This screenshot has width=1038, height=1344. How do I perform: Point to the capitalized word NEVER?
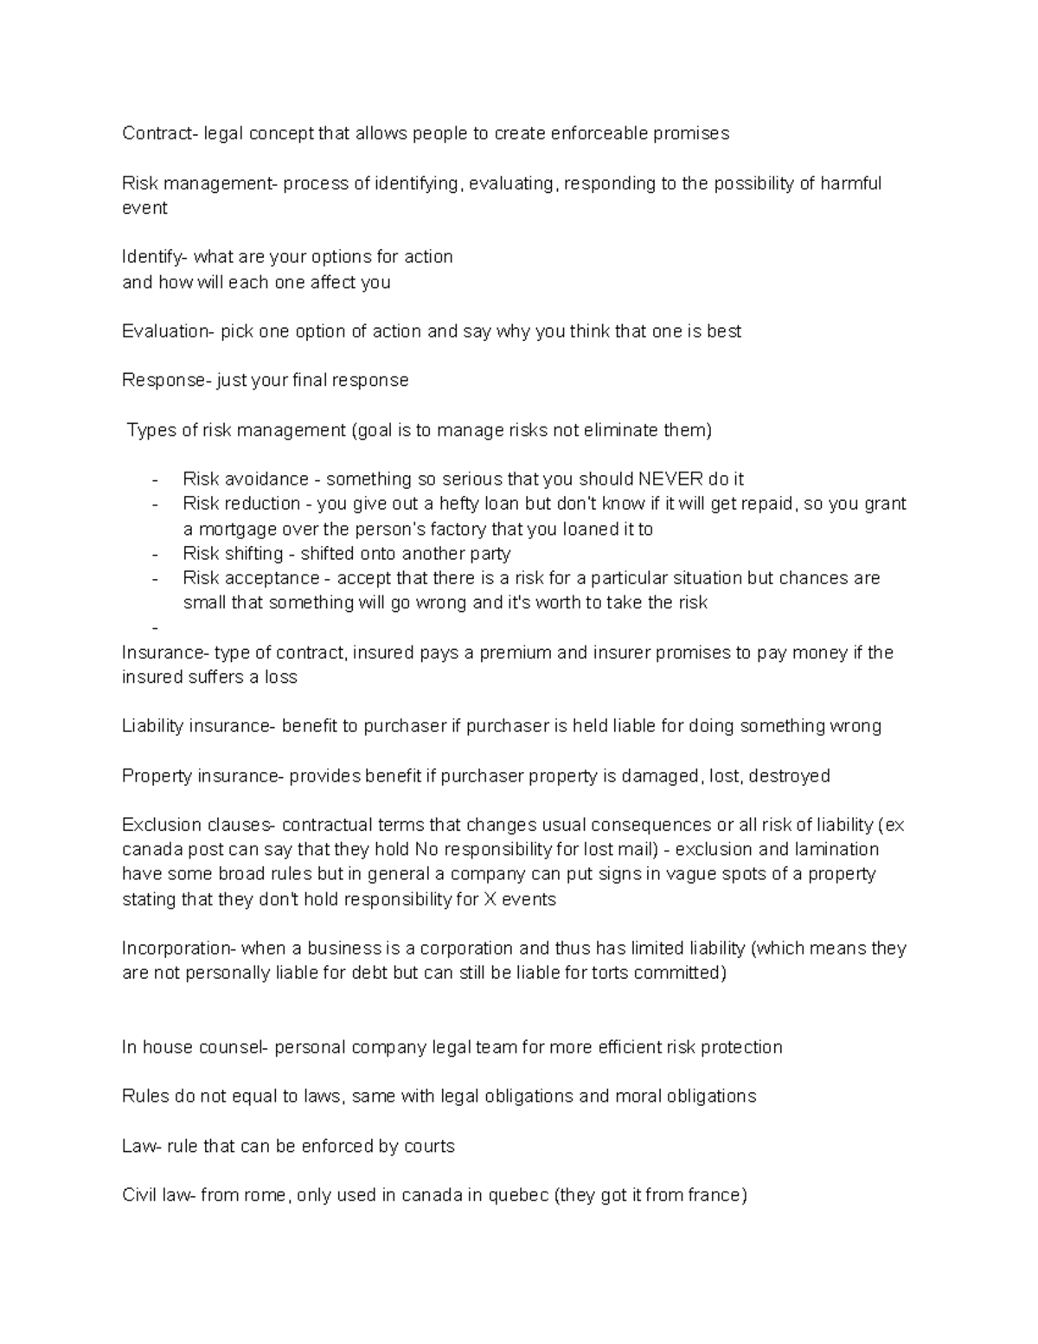tap(670, 479)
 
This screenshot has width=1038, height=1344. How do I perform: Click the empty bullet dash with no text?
tap(155, 627)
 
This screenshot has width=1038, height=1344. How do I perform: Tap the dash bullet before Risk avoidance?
tap(155, 479)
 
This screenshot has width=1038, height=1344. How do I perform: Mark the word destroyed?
tap(789, 776)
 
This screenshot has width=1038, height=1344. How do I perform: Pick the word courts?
tap(428, 1147)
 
